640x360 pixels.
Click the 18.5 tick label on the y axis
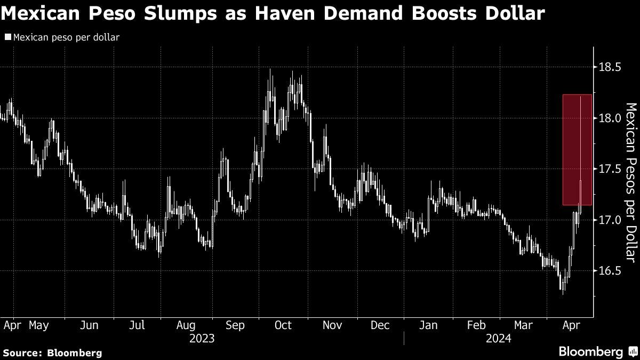coord(610,67)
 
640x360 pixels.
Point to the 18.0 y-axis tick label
coord(610,118)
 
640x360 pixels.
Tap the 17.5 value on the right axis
coord(610,169)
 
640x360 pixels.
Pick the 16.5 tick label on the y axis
coord(610,271)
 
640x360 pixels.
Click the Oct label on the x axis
coord(283,325)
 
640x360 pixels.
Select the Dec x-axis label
coord(380,325)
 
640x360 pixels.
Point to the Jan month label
coord(428,325)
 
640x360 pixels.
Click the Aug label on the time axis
coord(186,325)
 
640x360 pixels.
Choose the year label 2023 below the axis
coord(202,339)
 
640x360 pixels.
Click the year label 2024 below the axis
coord(499,339)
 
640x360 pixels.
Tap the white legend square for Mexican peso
coord(7,37)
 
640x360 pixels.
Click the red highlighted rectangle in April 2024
coord(577,150)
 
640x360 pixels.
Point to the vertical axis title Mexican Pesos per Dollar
coord(631,182)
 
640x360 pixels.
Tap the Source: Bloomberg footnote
coord(52,353)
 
